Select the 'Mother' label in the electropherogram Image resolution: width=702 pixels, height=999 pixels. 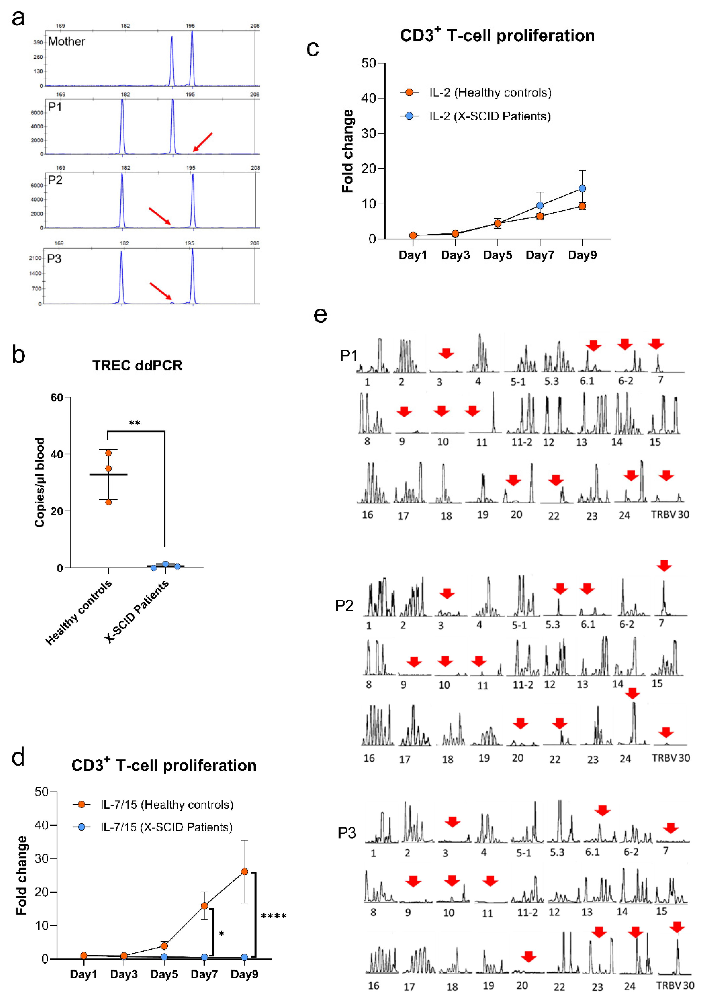coord(66,42)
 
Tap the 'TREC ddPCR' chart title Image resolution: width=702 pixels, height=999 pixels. coord(137,365)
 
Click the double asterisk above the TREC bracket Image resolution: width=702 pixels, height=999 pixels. coord(135,423)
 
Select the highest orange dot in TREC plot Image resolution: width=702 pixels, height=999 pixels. coord(109,453)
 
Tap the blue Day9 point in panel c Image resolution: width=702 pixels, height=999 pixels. coord(582,188)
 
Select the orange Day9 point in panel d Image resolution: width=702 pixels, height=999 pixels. coord(244,872)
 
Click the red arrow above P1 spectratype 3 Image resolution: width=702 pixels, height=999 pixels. coord(446,353)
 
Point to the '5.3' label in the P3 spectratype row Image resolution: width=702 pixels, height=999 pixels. coord(557,852)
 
